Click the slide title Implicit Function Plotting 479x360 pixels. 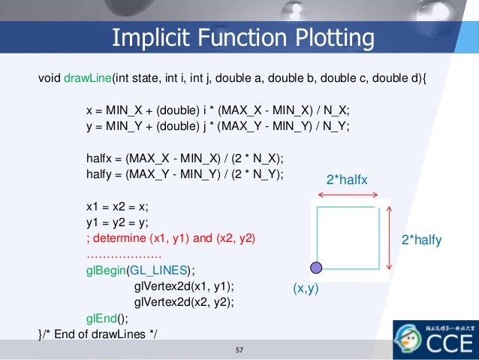click(242, 38)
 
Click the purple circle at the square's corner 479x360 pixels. click(317, 267)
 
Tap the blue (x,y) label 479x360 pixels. click(306, 288)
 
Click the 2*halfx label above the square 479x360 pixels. click(347, 180)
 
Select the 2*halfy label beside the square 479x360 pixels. click(421, 241)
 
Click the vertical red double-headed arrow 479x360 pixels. click(389, 238)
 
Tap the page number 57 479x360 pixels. click(240, 350)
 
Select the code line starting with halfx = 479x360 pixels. click(185, 159)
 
